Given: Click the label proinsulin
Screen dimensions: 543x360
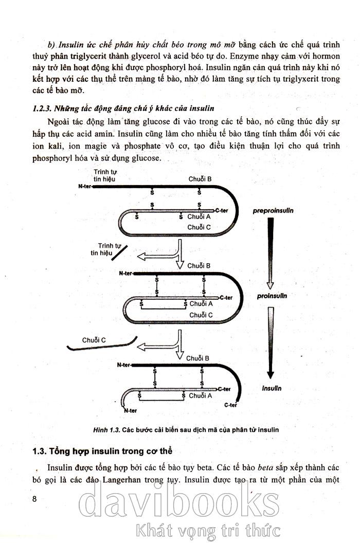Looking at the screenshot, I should click(273, 296).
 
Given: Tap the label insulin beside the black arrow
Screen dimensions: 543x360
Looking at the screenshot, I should click(272, 389).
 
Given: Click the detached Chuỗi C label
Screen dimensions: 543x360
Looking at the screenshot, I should click(94, 340).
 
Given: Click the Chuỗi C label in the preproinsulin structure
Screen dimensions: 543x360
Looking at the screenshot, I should click(199, 227).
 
